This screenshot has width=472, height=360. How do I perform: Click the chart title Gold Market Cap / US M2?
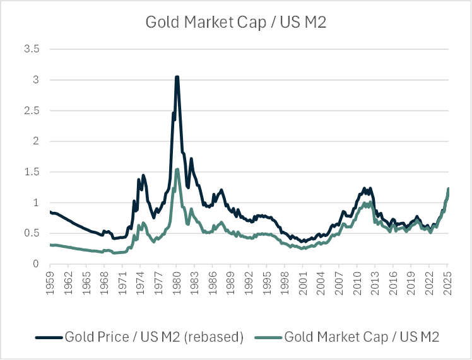pos(236,22)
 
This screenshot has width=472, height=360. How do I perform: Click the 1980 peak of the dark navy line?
pos(177,77)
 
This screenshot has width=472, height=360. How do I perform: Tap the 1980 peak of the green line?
pos(177,169)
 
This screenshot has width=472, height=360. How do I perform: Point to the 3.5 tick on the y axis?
pos(31,49)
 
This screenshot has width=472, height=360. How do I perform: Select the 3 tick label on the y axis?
pos(35,80)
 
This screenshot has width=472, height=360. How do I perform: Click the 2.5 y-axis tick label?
pos(31,111)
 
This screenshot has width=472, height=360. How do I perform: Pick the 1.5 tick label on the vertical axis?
pos(31,172)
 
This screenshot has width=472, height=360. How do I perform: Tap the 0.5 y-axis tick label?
pos(31,233)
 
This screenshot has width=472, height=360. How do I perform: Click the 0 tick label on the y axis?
pos(35,264)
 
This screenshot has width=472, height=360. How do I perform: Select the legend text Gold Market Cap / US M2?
pos(362,337)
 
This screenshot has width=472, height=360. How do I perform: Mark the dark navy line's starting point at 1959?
pos(50,212)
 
